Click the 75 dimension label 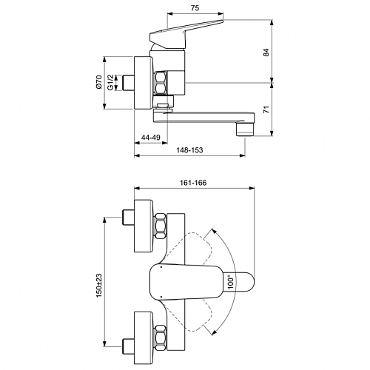tap(195, 8)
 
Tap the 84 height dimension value tap(266, 53)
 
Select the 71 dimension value tap(266, 110)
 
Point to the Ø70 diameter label tap(98, 82)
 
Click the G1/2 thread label tap(110, 82)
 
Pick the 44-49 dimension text tap(150, 137)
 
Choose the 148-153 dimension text tap(189, 150)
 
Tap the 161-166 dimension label tap(193, 183)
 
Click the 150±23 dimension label tap(99, 286)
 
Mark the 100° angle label tap(230, 282)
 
